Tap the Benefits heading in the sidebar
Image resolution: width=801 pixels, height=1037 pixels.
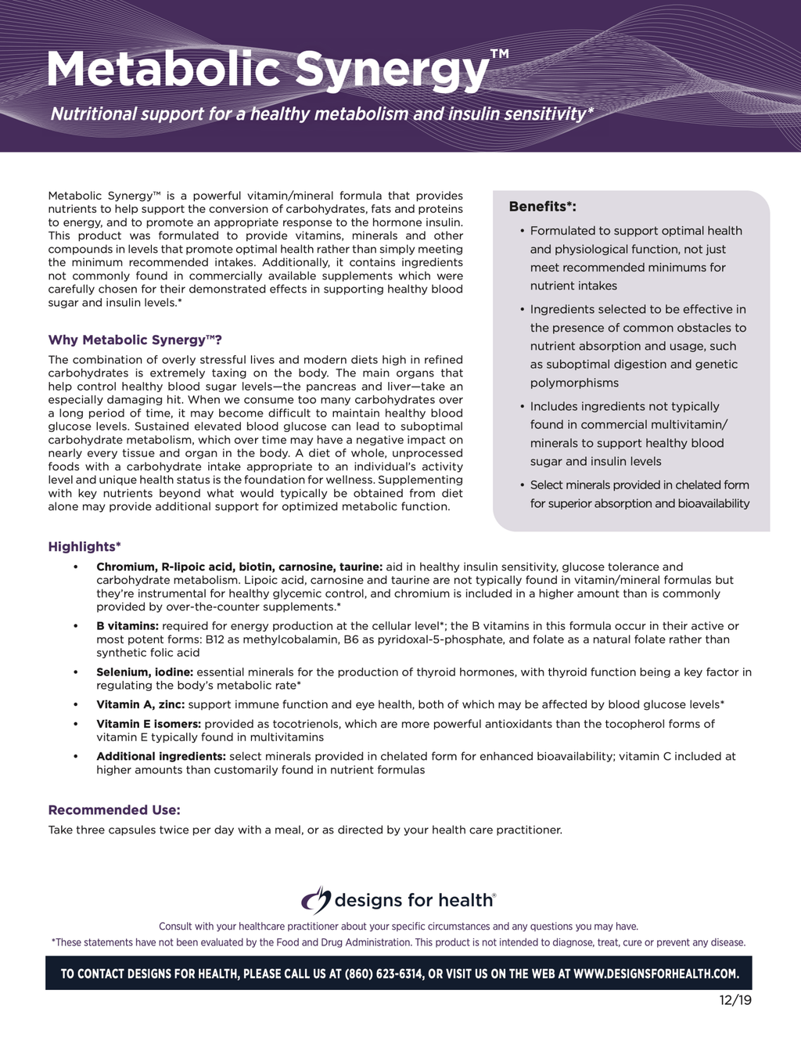(x=542, y=207)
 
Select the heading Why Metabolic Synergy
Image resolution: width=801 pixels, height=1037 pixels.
(x=135, y=340)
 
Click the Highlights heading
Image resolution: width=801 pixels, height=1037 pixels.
(x=84, y=546)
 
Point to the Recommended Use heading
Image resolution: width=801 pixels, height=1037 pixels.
(x=114, y=810)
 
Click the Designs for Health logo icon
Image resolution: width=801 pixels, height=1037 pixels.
(x=316, y=900)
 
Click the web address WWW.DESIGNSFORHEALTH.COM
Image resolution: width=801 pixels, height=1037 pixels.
(x=656, y=974)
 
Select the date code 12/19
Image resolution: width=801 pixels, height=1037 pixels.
(x=735, y=1000)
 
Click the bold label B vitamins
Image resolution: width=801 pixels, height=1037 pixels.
(x=128, y=626)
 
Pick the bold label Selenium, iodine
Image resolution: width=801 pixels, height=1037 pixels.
(x=145, y=672)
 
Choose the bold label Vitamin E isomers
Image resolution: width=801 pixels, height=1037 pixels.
(x=149, y=724)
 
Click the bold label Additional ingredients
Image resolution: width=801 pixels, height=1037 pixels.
(x=161, y=756)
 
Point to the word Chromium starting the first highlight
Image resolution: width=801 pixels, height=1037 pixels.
(x=125, y=567)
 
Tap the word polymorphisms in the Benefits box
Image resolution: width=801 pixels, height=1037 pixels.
(x=574, y=383)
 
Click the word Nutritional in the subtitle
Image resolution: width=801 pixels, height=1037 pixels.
(x=94, y=114)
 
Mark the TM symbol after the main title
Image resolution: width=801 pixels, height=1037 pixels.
(x=499, y=54)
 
